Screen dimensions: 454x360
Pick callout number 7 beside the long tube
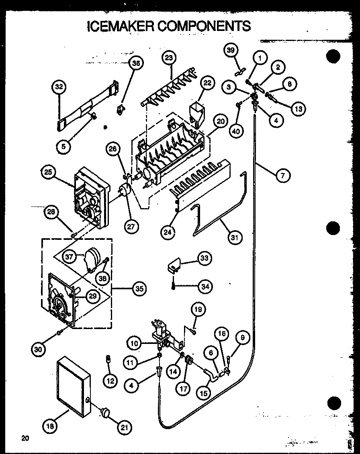coord(283,176)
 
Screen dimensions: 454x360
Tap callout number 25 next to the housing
coord(48,172)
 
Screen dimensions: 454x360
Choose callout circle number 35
coord(139,288)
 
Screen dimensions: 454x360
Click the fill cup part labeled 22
coord(196,111)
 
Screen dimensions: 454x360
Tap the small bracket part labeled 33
coord(174,265)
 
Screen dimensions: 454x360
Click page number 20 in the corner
coord(25,438)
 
